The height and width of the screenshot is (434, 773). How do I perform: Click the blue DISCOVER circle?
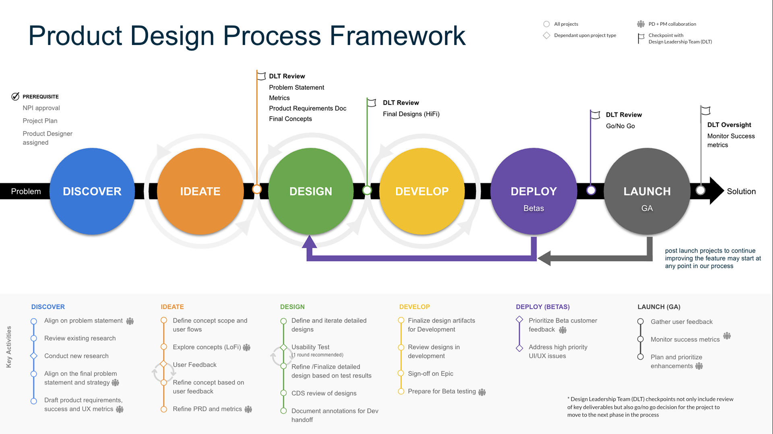(92, 191)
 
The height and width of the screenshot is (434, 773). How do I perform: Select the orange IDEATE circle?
(200, 191)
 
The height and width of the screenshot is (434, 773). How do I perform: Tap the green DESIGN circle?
(311, 191)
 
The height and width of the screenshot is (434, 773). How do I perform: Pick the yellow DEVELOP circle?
(422, 191)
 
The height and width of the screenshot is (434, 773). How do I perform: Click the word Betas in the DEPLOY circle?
(533, 208)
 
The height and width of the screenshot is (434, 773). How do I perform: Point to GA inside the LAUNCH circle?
(647, 208)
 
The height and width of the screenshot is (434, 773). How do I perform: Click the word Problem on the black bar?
(26, 191)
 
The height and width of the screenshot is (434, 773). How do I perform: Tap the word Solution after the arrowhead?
(741, 191)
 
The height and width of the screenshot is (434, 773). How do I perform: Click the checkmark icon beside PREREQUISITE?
(15, 97)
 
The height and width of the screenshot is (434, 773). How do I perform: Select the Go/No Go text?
(620, 126)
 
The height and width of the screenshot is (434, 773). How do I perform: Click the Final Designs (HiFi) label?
(411, 114)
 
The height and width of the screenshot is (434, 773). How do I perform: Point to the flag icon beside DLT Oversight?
(705, 110)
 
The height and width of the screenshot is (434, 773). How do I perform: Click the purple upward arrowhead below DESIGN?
(309, 242)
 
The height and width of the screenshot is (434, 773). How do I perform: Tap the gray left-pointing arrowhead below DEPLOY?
(544, 258)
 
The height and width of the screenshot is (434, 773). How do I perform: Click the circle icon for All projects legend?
(546, 24)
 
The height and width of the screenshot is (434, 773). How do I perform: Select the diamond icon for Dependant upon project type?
(546, 35)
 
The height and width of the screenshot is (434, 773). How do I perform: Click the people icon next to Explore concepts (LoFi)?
(247, 347)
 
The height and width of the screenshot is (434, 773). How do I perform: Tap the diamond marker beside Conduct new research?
(34, 356)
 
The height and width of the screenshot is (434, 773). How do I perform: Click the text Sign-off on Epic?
(430, 374)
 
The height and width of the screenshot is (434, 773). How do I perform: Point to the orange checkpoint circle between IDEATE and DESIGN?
(257, 189)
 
